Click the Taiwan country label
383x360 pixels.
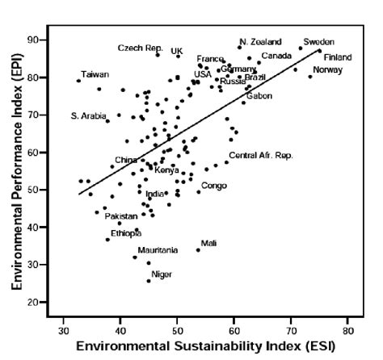click(x=95, y=74)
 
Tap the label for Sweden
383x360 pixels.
click(x=318, y=41)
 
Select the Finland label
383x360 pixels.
click(x=338, y=57)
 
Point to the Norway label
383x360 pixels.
click(x=327, y=70)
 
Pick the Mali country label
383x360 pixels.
click(x=208, y=243)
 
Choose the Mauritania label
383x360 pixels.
click(x=158, y=250)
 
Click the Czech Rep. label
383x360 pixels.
click(x=140, y=48)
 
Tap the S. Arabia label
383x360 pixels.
click(x=89, y=116)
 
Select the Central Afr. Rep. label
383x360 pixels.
click(x=260, y=155)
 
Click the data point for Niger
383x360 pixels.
click(x=149, y=280)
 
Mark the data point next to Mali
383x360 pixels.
click(x=198, y=249)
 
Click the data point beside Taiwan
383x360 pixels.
click(x=78, y=81)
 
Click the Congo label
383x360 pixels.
click(x=213, y=186)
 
